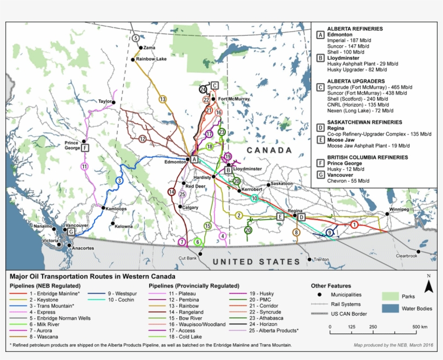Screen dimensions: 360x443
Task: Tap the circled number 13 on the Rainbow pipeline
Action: click(x=163, y=99)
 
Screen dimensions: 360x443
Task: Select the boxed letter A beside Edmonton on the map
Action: click(x=194, y=159)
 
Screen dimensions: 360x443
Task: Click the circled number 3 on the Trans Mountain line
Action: click(x=119, y=181)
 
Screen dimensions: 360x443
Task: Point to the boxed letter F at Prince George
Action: click(x=85, y=148)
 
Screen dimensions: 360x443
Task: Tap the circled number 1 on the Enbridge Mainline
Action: click(x=354, y=224)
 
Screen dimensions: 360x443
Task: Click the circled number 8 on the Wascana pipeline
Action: click(x=296, y=232)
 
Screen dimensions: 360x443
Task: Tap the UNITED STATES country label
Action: click(x=256, y=262)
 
